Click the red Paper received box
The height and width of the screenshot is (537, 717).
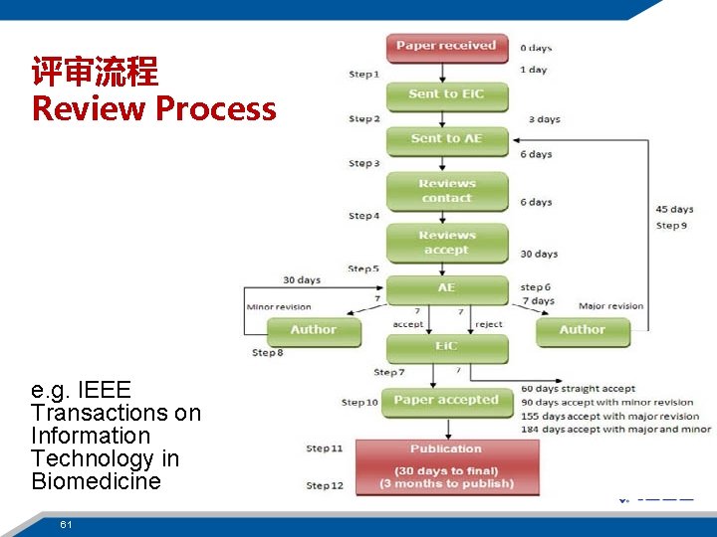pos(446,47)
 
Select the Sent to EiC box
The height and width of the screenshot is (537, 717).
pos(446,94)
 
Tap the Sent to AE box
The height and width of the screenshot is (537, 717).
pos(446,139)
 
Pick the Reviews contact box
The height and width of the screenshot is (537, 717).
pos(446,191)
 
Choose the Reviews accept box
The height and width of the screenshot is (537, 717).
pos(446,243)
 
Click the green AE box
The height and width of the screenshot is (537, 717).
pos(446,288)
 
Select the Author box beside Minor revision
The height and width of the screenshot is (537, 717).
pos(313,330)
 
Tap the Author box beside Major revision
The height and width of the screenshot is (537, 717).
pos(583,330)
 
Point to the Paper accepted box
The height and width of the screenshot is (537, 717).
pos(446,401)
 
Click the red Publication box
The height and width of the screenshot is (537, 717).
pos(446,466)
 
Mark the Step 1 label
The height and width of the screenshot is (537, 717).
pos(363,75)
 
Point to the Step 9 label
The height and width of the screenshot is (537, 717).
pos(671,226)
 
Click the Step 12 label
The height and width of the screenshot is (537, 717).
pos(325,485)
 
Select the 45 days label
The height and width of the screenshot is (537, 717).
pos(674,210)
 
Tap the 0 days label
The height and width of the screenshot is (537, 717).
pos(536,48)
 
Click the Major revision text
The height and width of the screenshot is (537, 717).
pos(610,306)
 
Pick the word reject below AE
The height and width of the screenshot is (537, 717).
pos(489,324)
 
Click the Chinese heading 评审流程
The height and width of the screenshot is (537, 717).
pos(95,72)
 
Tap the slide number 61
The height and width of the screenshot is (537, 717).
pos(66,524)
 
